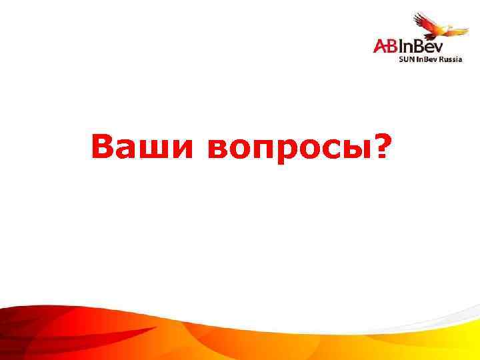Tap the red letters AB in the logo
click(385, 45)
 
